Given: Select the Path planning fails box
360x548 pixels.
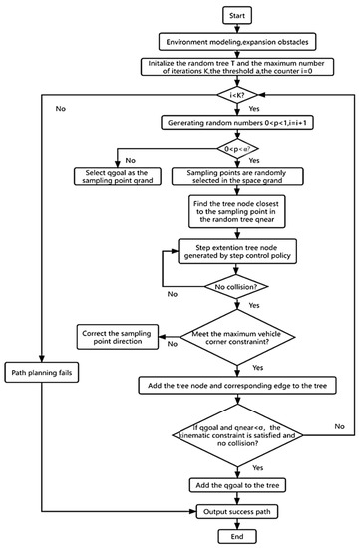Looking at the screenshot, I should coord(44,373).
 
